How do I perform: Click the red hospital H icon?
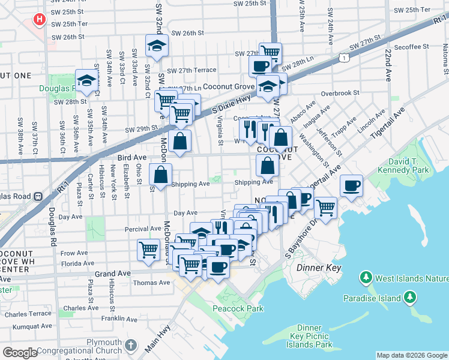(x=40, y=20)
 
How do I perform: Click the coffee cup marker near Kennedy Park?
(x=351, y=185)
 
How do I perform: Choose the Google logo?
(x=20, y=352)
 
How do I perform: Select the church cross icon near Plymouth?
(x=132, y=346)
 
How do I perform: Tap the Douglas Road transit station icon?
(x=38, y=196)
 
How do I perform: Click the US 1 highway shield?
(x=343, y=56)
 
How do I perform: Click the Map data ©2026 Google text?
(x=411, y=355)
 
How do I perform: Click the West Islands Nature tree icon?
(x=364, y=278)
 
